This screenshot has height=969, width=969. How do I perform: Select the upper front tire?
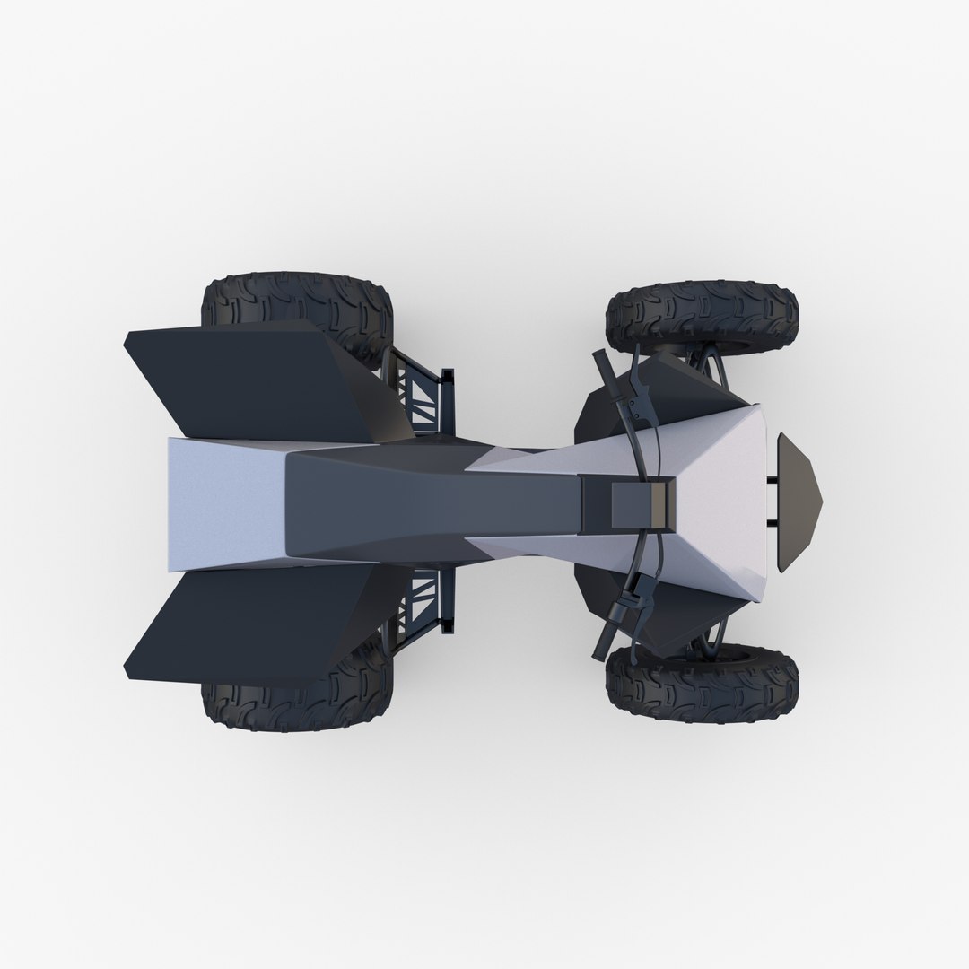703,315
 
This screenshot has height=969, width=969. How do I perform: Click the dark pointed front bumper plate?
799,502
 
